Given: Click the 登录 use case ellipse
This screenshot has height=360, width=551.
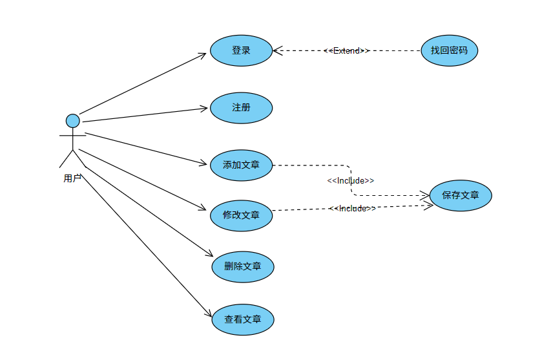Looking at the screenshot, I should [x=241, y=50].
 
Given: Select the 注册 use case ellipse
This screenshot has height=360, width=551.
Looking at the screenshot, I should [x=241, y=107].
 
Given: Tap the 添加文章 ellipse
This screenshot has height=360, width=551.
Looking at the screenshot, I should [x=241, y=165].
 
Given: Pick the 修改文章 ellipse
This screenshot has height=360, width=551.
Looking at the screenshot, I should [x=241, y=215].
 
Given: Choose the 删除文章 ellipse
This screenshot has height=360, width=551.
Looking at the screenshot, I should [x=242, y=266].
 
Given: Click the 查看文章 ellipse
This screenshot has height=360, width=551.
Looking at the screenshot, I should [x=242, y=319].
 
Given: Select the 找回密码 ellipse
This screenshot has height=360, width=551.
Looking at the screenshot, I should [x=449, y=50].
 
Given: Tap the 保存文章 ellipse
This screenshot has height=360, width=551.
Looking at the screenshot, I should [x=461, y=195].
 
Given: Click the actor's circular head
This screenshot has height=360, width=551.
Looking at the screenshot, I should [x=73, y=121].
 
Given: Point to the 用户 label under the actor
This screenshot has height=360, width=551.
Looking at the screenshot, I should [x=72, y=178].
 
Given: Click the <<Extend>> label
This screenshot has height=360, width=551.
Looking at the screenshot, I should [x=347, y=50].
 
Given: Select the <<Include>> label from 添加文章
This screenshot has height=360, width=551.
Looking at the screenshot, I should [x=351, y=180].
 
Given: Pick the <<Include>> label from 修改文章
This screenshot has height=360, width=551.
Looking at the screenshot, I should [x=353, y=208].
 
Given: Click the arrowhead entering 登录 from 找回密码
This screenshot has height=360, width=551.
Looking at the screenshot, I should [x=276, y=50].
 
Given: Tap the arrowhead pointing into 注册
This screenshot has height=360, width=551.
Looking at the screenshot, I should [x=205, y=108].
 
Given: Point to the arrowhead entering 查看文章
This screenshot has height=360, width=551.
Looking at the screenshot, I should [x=209, y=313].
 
